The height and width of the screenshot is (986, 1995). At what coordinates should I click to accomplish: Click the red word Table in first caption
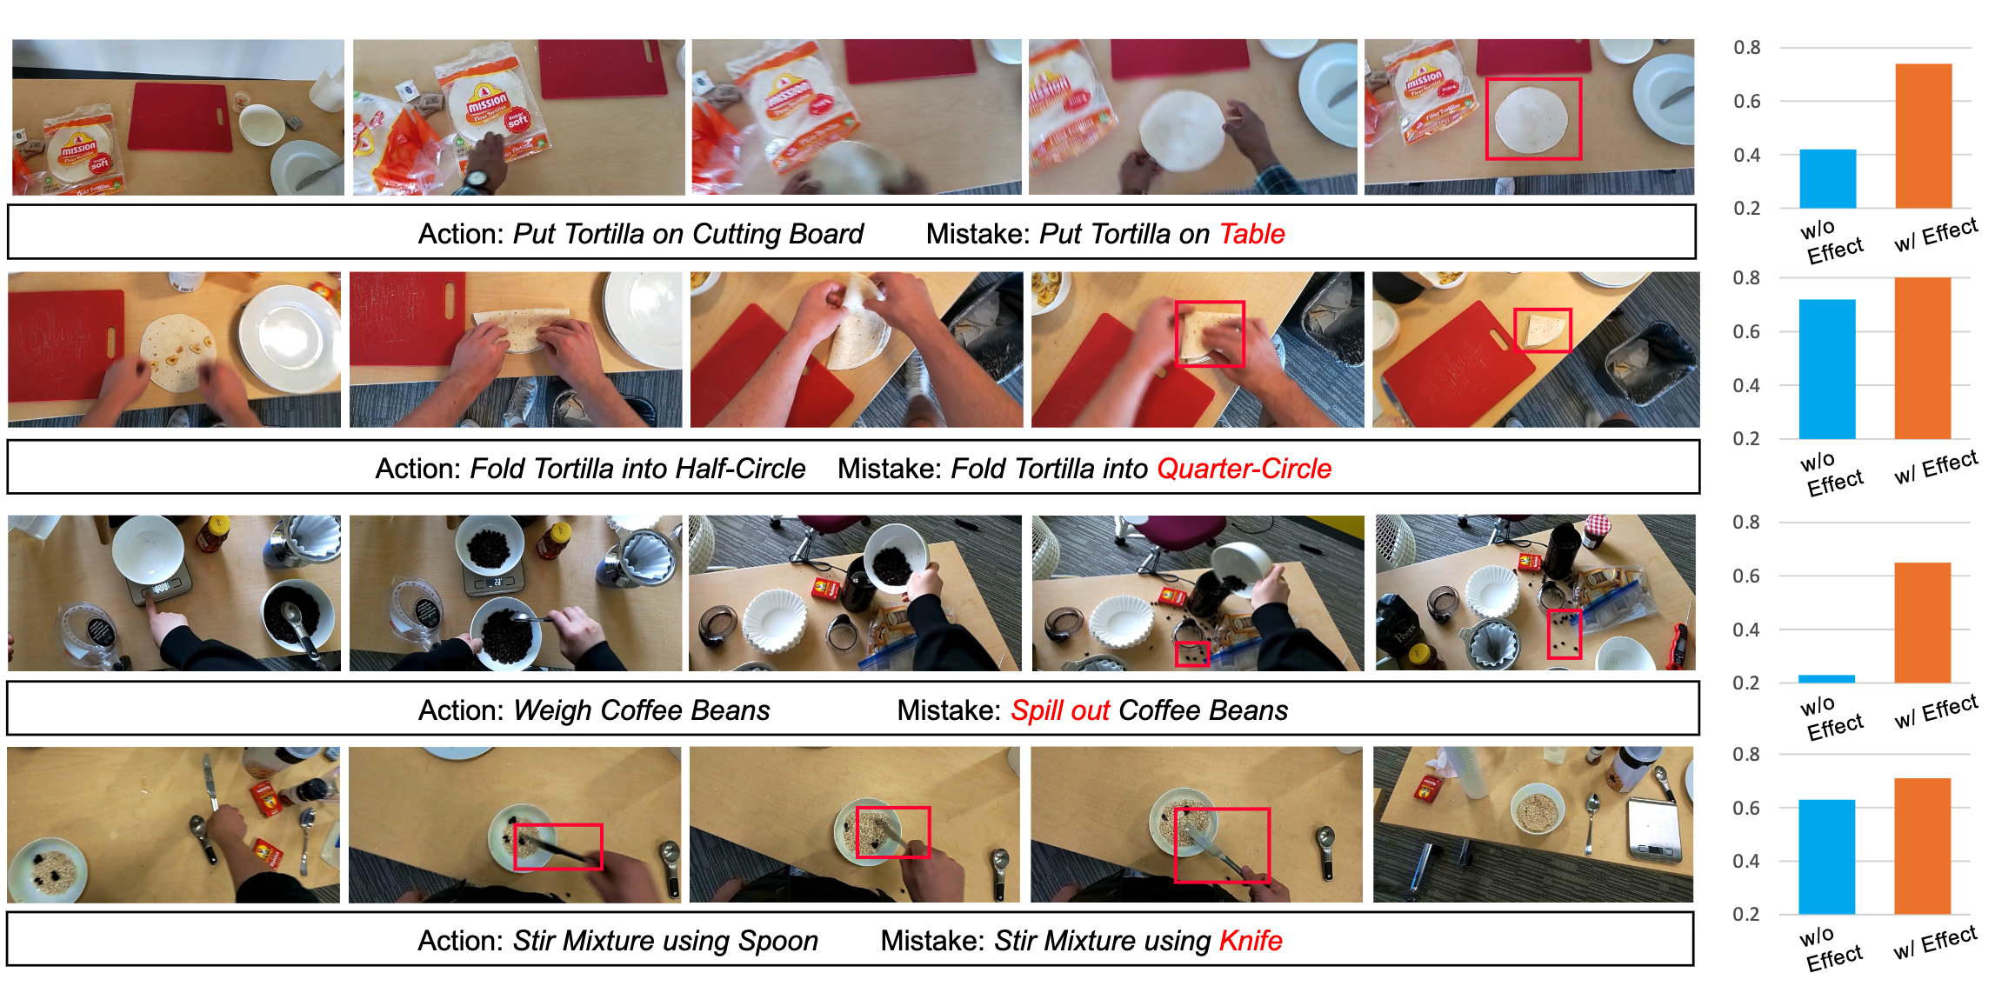1251,234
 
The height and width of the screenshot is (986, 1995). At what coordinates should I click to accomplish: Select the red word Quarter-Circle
1244,469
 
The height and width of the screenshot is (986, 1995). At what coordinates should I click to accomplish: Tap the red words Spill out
1059,710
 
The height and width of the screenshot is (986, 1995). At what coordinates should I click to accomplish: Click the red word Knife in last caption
1250,941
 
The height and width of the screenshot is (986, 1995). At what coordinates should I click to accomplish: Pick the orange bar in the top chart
1923,136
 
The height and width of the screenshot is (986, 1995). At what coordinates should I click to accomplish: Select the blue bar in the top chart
1827,178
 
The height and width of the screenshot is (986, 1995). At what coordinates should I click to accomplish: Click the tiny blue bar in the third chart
1826,678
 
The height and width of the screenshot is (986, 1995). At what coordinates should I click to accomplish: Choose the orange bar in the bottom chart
1922,845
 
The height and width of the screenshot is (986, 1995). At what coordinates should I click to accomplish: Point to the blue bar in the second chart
1826,369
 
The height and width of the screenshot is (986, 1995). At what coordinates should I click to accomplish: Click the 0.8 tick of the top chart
1746,48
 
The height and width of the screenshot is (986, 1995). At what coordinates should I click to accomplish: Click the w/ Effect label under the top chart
1935,235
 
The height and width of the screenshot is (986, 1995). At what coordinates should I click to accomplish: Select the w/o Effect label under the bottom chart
1831,949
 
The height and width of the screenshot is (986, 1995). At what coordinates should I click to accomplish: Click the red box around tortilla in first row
1532,119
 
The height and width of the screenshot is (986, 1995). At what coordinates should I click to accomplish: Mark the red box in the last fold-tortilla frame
1542,330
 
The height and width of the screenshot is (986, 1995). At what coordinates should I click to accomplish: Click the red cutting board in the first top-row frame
180,117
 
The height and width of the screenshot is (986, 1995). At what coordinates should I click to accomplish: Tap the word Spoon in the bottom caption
777,941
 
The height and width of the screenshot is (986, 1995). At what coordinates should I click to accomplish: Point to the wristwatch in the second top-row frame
476,180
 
